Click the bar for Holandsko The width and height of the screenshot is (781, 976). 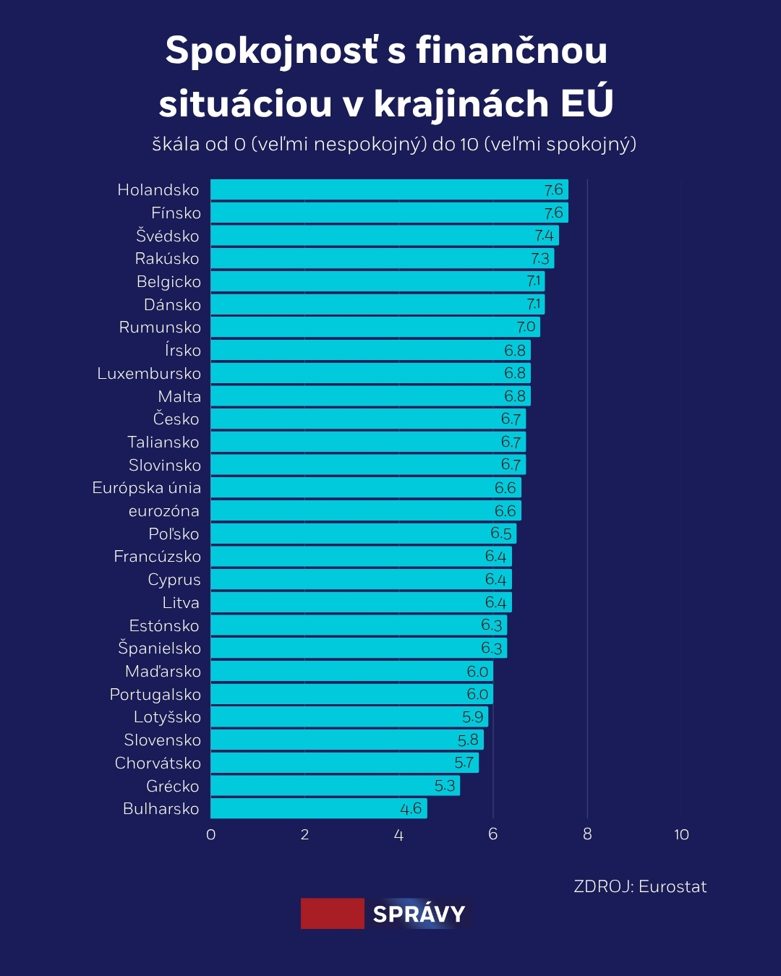click(389, 189)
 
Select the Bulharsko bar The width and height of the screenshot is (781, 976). click(318, 808)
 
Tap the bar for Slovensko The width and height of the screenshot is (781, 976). click(347, 740)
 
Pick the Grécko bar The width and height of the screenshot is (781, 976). click(335, 786)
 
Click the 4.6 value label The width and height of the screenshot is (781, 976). click(411, 808)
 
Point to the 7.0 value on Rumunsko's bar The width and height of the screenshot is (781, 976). click(526, 327)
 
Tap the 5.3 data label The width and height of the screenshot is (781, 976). click(445, 786)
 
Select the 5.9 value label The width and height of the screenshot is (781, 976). click(472, 717)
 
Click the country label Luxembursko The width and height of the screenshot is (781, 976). click(149, 373)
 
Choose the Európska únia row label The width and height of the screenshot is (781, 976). click(146, 488)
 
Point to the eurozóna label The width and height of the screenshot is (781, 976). click(163, 511)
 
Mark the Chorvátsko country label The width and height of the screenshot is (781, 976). click(158, 763)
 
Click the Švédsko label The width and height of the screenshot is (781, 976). click(167, 236)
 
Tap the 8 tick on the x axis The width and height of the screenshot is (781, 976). click(587, 834)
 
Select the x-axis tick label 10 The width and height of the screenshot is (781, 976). click(681, 834)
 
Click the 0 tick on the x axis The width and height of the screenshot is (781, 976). click(210, 834)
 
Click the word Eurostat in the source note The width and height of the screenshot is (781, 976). click(673, 886)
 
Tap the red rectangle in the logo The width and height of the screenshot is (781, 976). click(333, 914)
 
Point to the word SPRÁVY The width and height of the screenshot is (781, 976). click(419, 914)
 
